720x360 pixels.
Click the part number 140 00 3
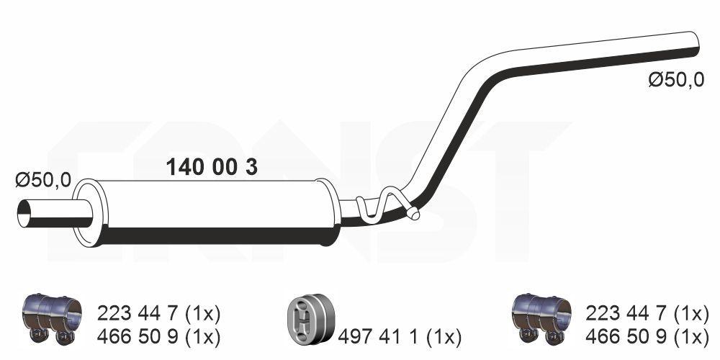point(212,167)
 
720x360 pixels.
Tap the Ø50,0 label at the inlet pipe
point(43,179)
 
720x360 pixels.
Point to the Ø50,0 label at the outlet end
point(676,81)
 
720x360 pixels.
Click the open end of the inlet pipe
point(24,214)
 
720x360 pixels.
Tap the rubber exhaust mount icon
point(310,319)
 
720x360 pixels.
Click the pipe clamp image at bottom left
point(52,318)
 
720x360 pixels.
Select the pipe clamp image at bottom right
point(541,318)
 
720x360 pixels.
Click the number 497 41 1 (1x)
point(400,338)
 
